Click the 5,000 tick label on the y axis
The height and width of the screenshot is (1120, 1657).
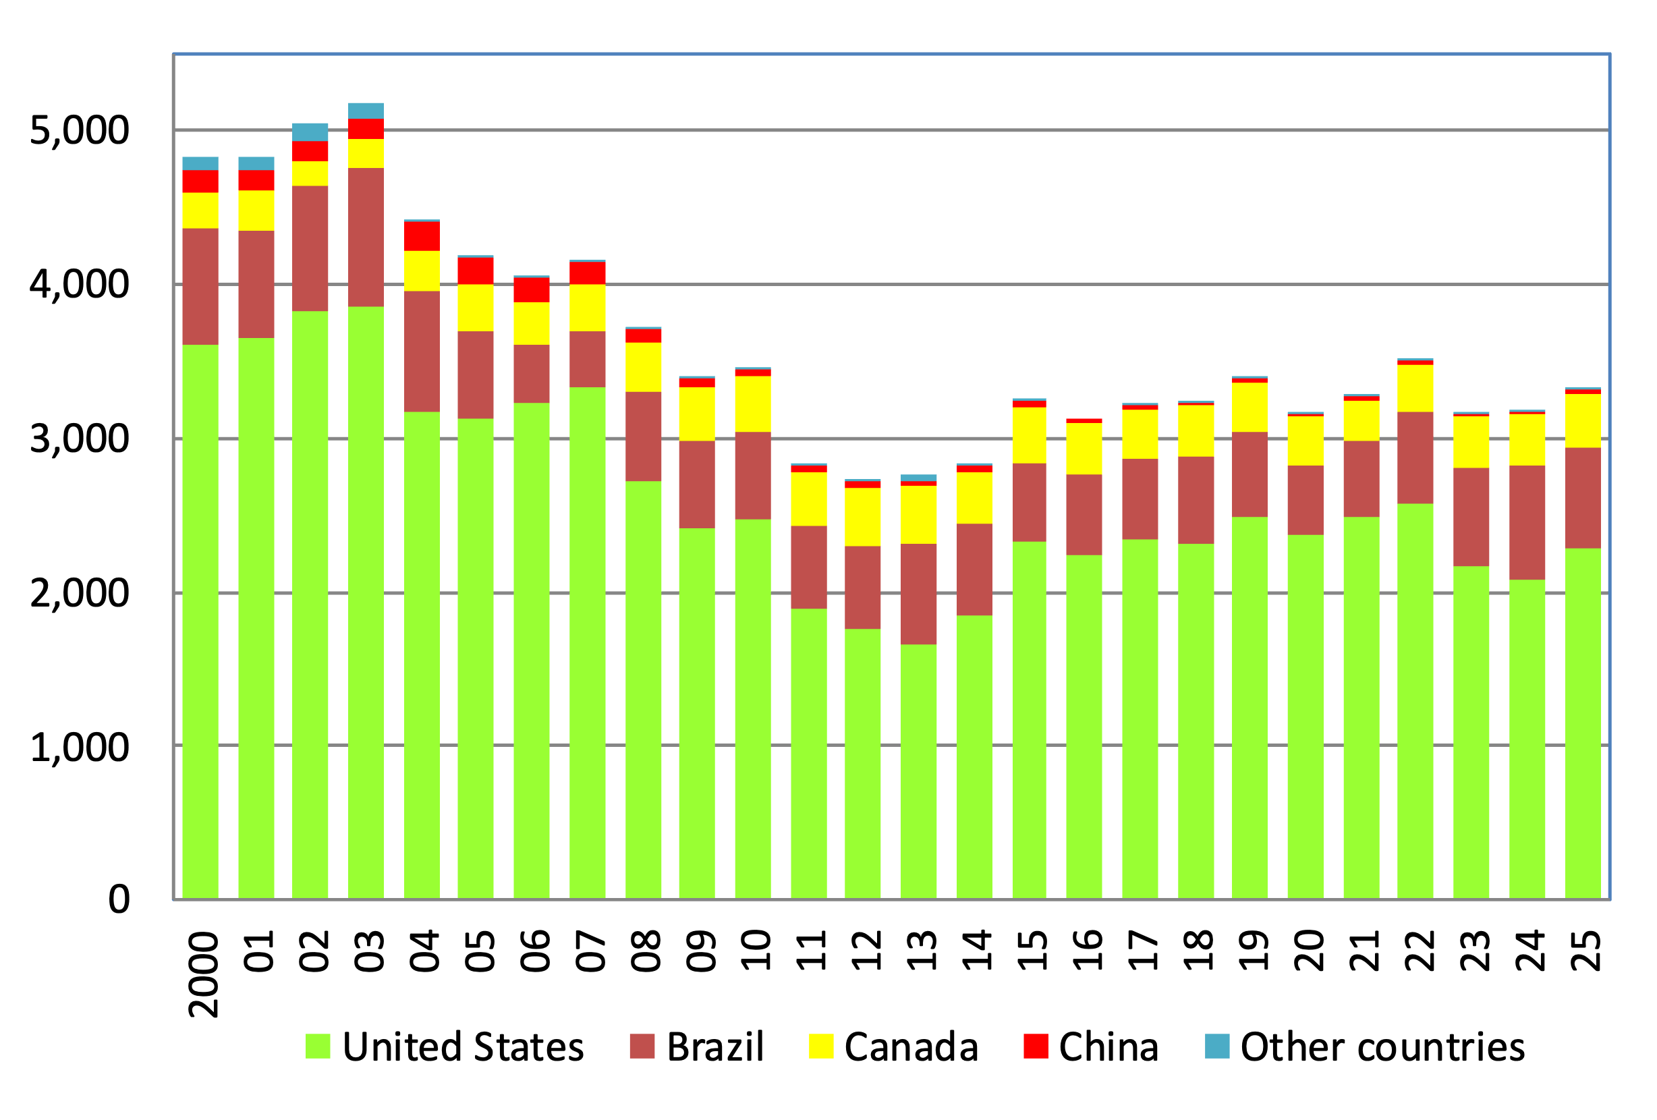pyautogui.click(x=79, y=130)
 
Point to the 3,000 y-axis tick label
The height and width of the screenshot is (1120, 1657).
pyautogui.click(x=79, y=439)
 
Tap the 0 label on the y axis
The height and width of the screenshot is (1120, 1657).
pyautogui.click(x=119, y=899)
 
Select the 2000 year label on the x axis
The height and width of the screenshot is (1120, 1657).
pyautogui.click(x=203, y=974)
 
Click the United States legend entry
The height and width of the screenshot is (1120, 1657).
pyautogui.click(x=445, y=1046)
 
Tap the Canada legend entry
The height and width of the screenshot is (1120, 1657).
pyautogui.click(x=893, y=1046)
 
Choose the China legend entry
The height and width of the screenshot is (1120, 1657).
pyautogui.click(x=1091, y=1046)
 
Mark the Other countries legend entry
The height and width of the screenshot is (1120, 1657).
pyautogui.click(x=1365, y=1046)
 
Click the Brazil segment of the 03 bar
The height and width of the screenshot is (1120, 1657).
pyautogui.click(x=366, y=237)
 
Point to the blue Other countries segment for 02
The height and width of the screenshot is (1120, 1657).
pyautogui.click(x=310, y=132)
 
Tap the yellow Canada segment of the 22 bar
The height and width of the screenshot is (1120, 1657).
pyautogui.click(x=1415, y=389)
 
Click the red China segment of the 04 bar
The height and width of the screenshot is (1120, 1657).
pyautogui.click(x=422, y=236)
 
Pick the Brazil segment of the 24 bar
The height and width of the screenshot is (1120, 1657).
pyautogui.click(x=1527, y=523)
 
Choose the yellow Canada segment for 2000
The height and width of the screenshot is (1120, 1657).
pyautogui.click(x=200, y=211)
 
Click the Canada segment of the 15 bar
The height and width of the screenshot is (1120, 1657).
pyautogui.click(x=1029, y=436)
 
